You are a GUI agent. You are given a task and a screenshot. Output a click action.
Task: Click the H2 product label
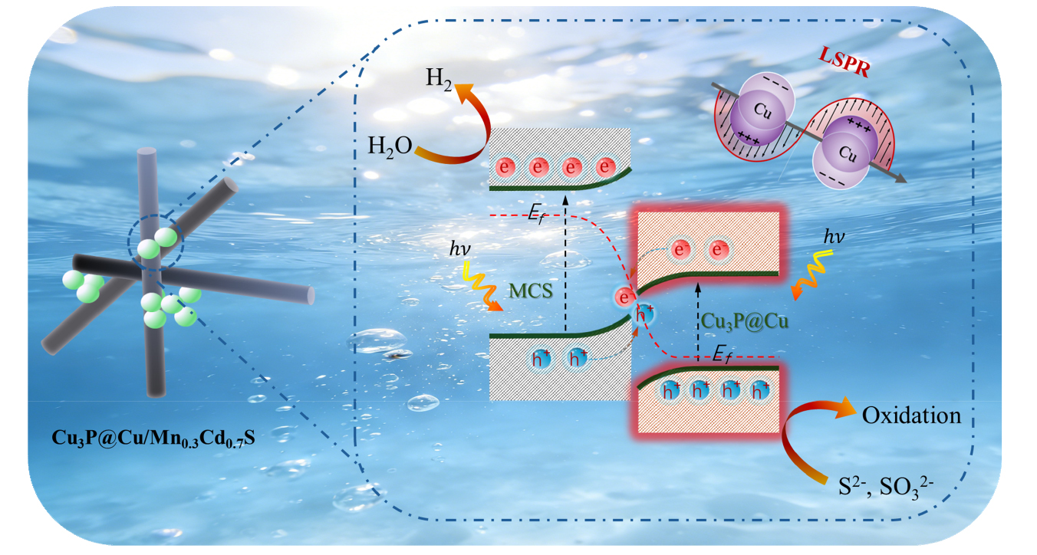pyautogui.click(x=439, y=79)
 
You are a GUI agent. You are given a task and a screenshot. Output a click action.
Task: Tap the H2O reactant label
pyautogui.click(x=390, y=146)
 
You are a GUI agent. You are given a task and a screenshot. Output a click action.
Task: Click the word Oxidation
pyautogui.click(x=911, y=415)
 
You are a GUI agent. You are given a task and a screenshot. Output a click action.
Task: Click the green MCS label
pyautogui.click(x=531, y=291)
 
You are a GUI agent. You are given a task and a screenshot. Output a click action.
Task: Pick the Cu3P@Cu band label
pyautogui.click(x=744, y=321)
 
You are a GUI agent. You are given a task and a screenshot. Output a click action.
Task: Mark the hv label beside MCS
pyautogui.click(x=459, y=249)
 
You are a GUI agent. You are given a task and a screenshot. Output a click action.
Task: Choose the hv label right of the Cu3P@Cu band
pyautogui.click(x=834, y=237)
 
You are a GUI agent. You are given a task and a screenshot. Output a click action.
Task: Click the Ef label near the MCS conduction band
pyautogui.click(x=536, y=214)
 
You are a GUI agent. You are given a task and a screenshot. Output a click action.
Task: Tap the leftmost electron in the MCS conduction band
pyautogui.click(x=505, y=167)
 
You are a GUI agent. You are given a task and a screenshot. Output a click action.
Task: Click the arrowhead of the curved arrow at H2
pyautogui.click(x=463, y=90)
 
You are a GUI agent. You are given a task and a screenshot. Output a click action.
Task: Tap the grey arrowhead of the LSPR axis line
pyautogui.click(x=900, y=178)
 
